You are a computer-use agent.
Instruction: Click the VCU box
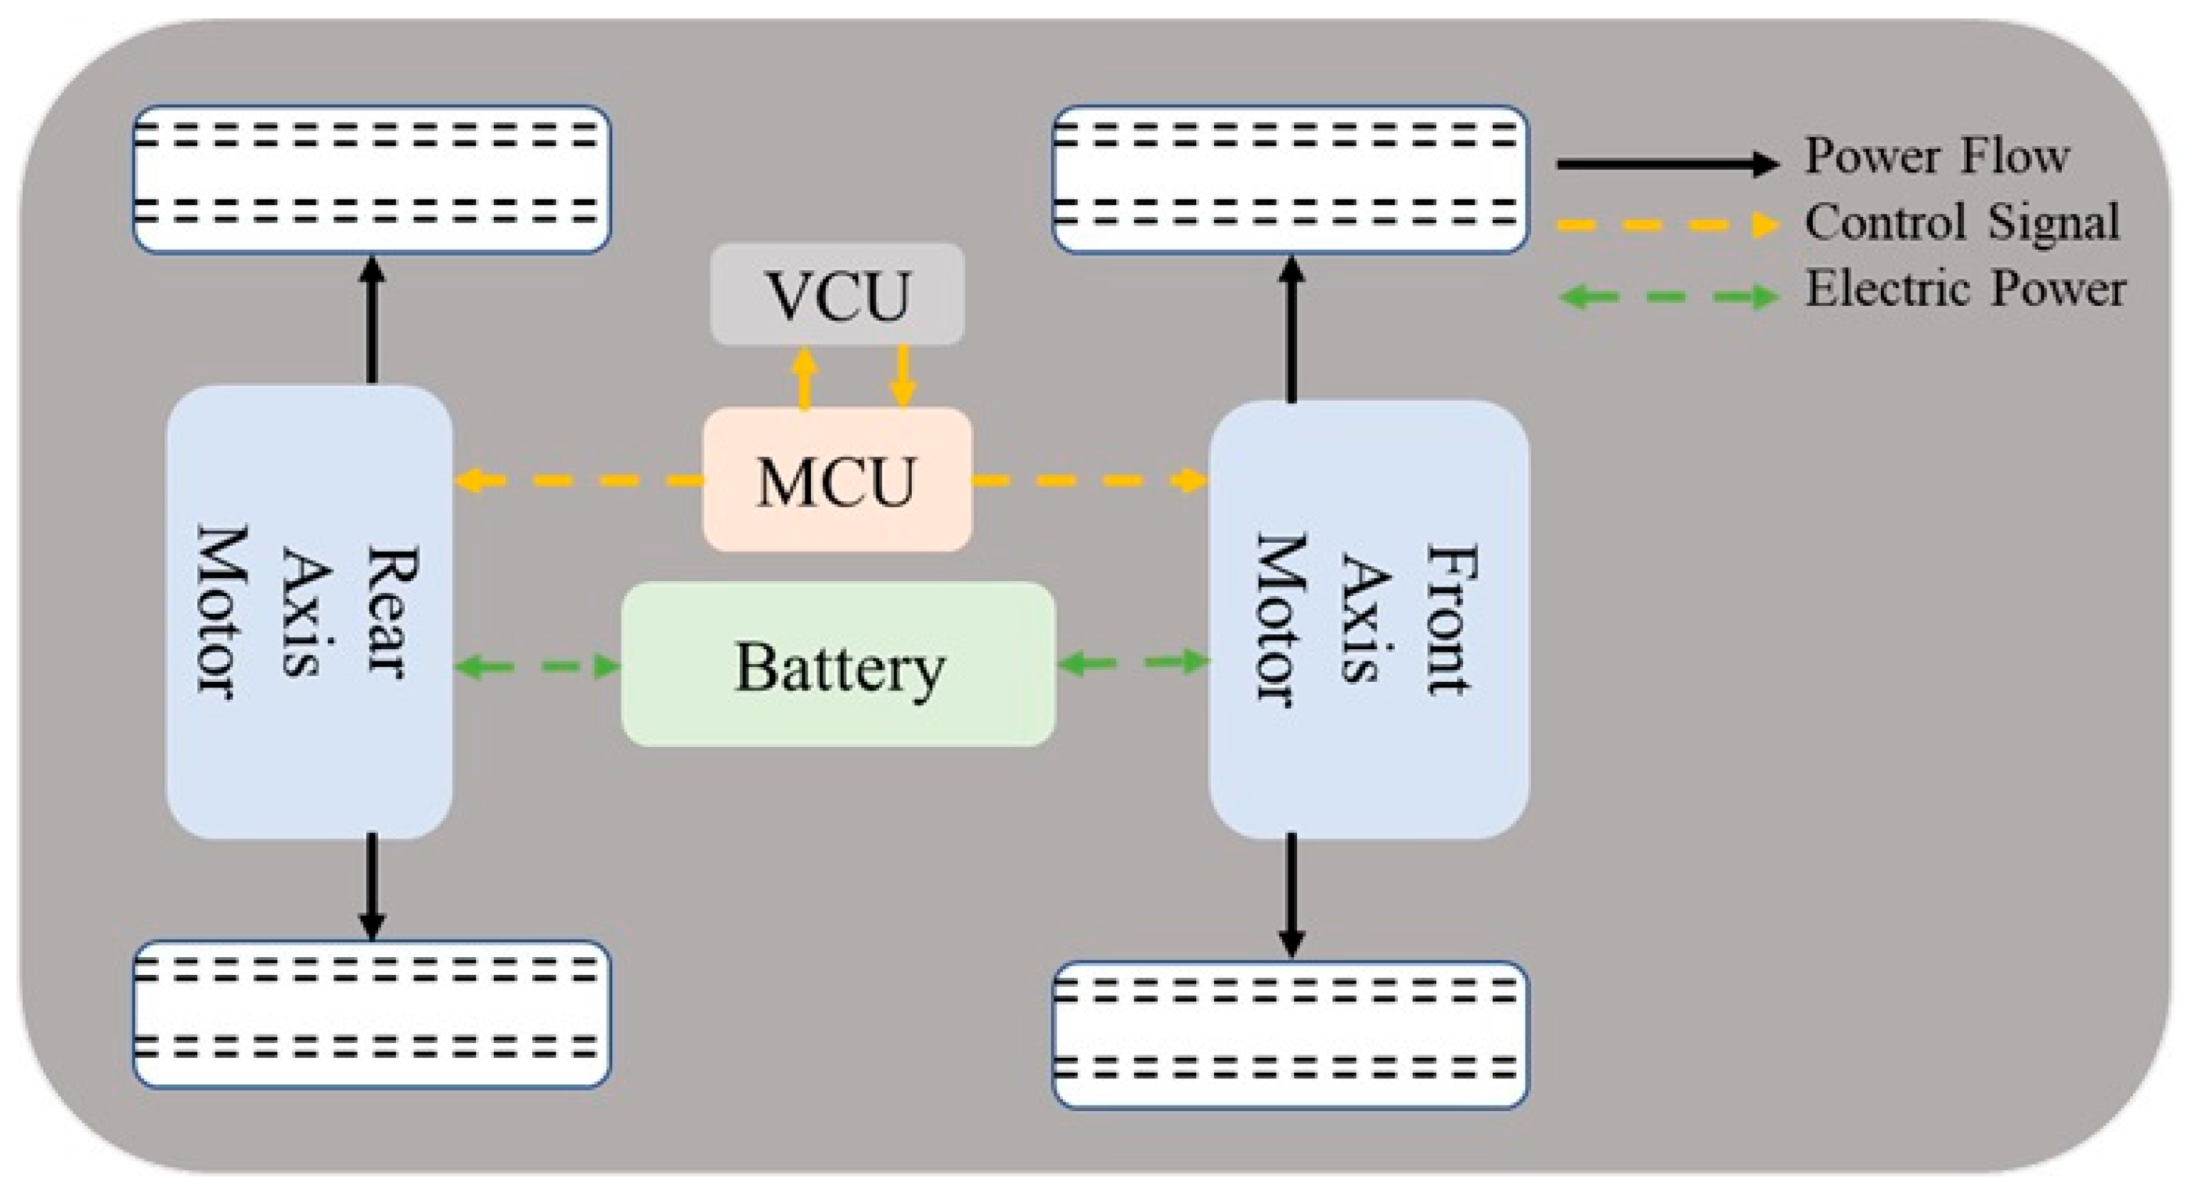837,294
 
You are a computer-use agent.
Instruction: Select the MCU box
837,480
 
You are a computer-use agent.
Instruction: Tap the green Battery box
839,664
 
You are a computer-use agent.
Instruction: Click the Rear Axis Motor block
309,612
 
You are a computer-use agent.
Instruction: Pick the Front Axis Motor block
1368,619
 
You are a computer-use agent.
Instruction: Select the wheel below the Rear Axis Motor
372,1014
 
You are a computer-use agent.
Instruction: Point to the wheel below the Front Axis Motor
1291,1035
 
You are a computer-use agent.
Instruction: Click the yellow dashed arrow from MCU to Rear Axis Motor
580,481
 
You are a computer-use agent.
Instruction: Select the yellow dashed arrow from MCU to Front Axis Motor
1091,481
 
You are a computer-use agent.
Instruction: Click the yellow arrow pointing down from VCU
903,376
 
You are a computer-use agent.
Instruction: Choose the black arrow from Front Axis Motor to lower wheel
1291,895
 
